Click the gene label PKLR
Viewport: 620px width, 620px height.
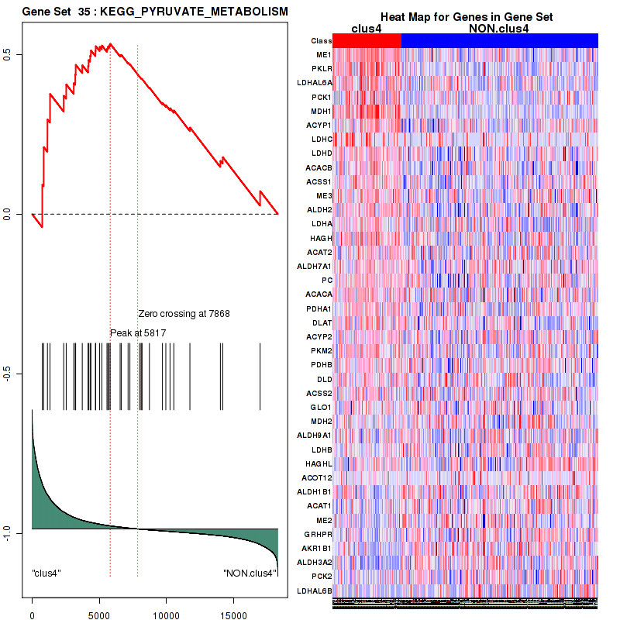click(322, 69)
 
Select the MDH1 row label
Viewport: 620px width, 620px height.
click(321, 111)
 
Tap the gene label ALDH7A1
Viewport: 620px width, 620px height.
click(316, 266)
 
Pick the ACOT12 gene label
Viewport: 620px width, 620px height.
click(318, 477)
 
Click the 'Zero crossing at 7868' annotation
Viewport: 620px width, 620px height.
click(184, 314)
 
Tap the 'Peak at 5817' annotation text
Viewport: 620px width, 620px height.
click(138, 332)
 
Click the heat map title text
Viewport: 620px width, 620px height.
click(466, 16)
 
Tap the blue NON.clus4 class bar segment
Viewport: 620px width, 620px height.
click(499, 40)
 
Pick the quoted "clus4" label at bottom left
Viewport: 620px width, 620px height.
click(46, 573)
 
